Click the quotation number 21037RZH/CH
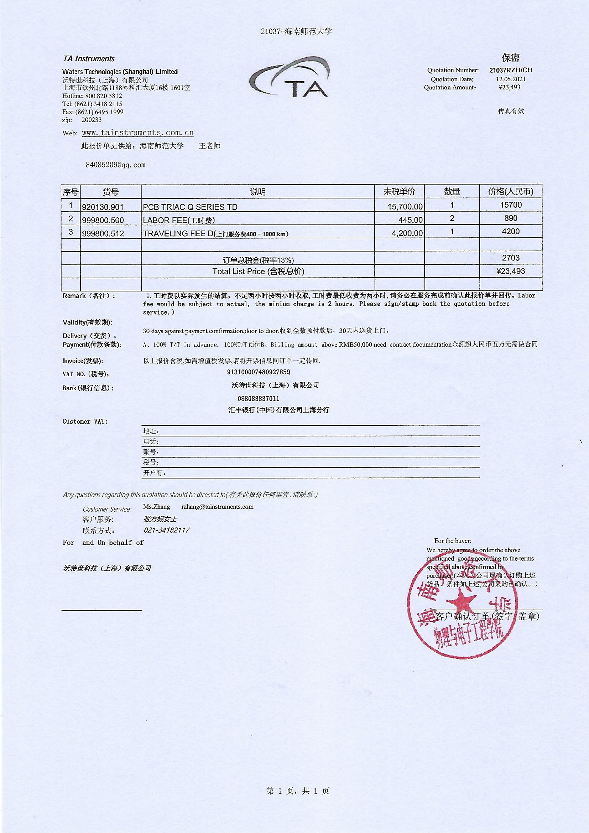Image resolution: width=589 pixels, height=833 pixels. click(510, 71)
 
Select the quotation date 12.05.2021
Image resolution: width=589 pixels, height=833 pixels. click(510, 79)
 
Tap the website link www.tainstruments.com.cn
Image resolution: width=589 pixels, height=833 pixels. click(137, 133)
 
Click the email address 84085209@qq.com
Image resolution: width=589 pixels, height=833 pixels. click(115, 165)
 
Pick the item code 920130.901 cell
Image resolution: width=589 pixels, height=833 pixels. click(103, 207)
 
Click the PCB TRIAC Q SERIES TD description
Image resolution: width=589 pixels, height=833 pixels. click(190, 207)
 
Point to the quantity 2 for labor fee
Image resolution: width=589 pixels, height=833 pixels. click(452, 218)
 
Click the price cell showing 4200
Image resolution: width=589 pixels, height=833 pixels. click(511, 232)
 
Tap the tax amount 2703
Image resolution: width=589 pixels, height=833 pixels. click(511, 258)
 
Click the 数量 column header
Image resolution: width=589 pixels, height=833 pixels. click(452, 192)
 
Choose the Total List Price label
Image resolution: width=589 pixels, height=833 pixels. click(258, 271)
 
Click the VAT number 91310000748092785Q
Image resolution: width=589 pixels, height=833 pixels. click(259, 372)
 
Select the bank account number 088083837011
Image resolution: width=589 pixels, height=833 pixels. click(259, 398)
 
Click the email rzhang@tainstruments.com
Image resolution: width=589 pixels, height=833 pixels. click(217, 507)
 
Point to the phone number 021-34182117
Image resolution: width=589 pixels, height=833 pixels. click(166, 530)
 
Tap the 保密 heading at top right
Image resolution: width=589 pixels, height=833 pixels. click(511, 58)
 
